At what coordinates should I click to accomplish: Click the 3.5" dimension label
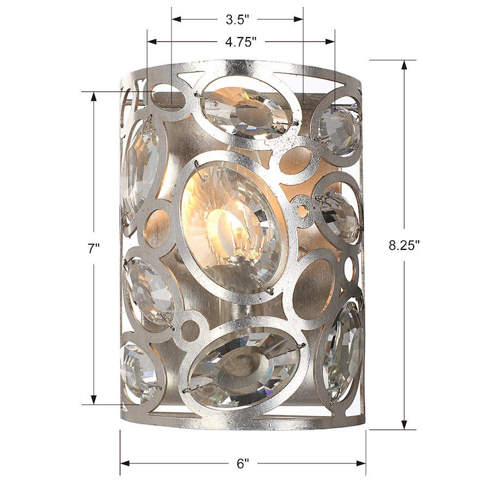[237, 20]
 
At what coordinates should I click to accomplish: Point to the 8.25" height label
[404, 245]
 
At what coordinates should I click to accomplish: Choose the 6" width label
[243, 463]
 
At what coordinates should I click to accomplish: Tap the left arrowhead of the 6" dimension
[125, 463]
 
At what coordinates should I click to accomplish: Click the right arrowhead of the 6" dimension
[361, 463]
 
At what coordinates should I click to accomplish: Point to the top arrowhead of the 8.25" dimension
[405, 65]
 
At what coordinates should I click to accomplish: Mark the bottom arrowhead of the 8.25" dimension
[405, 424]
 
